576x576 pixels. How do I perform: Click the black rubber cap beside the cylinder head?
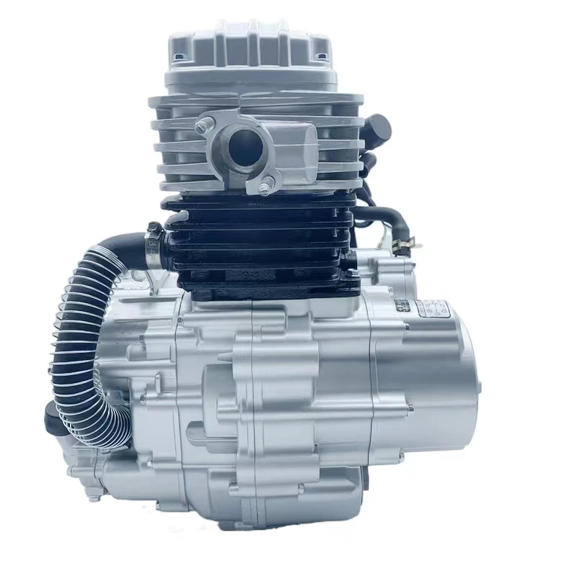377,130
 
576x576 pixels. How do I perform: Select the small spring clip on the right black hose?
408,243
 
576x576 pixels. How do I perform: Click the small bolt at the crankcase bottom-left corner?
92,495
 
